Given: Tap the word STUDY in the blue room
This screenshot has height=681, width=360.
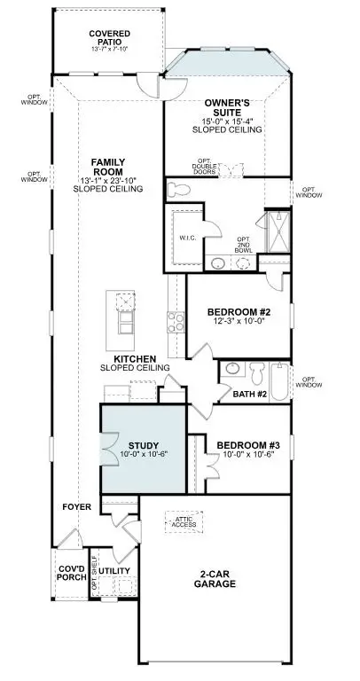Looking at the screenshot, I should (x=143, y=445).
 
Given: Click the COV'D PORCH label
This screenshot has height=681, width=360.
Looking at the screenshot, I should (x=73, y=572).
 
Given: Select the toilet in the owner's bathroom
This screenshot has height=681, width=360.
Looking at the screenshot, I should (x=177, y=189).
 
